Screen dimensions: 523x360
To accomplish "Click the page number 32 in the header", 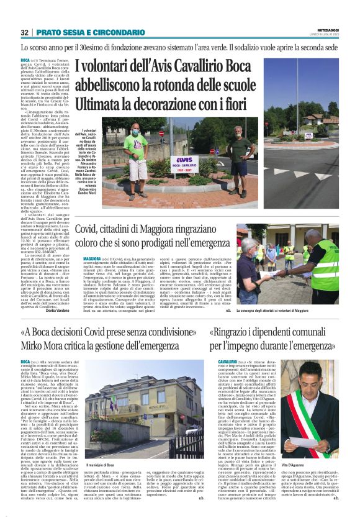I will click(x=25, y=32).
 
